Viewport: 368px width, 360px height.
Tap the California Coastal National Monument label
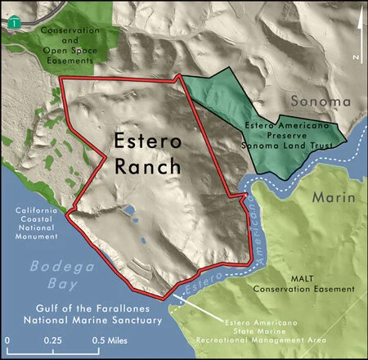click(x=37, y=223)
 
